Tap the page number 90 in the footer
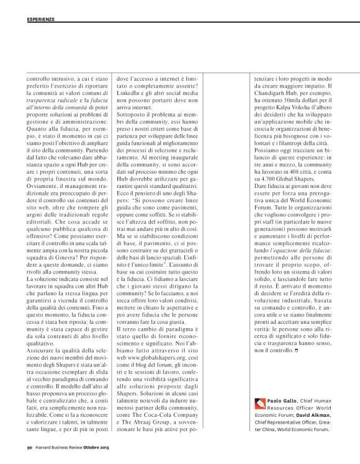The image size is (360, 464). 29,446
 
